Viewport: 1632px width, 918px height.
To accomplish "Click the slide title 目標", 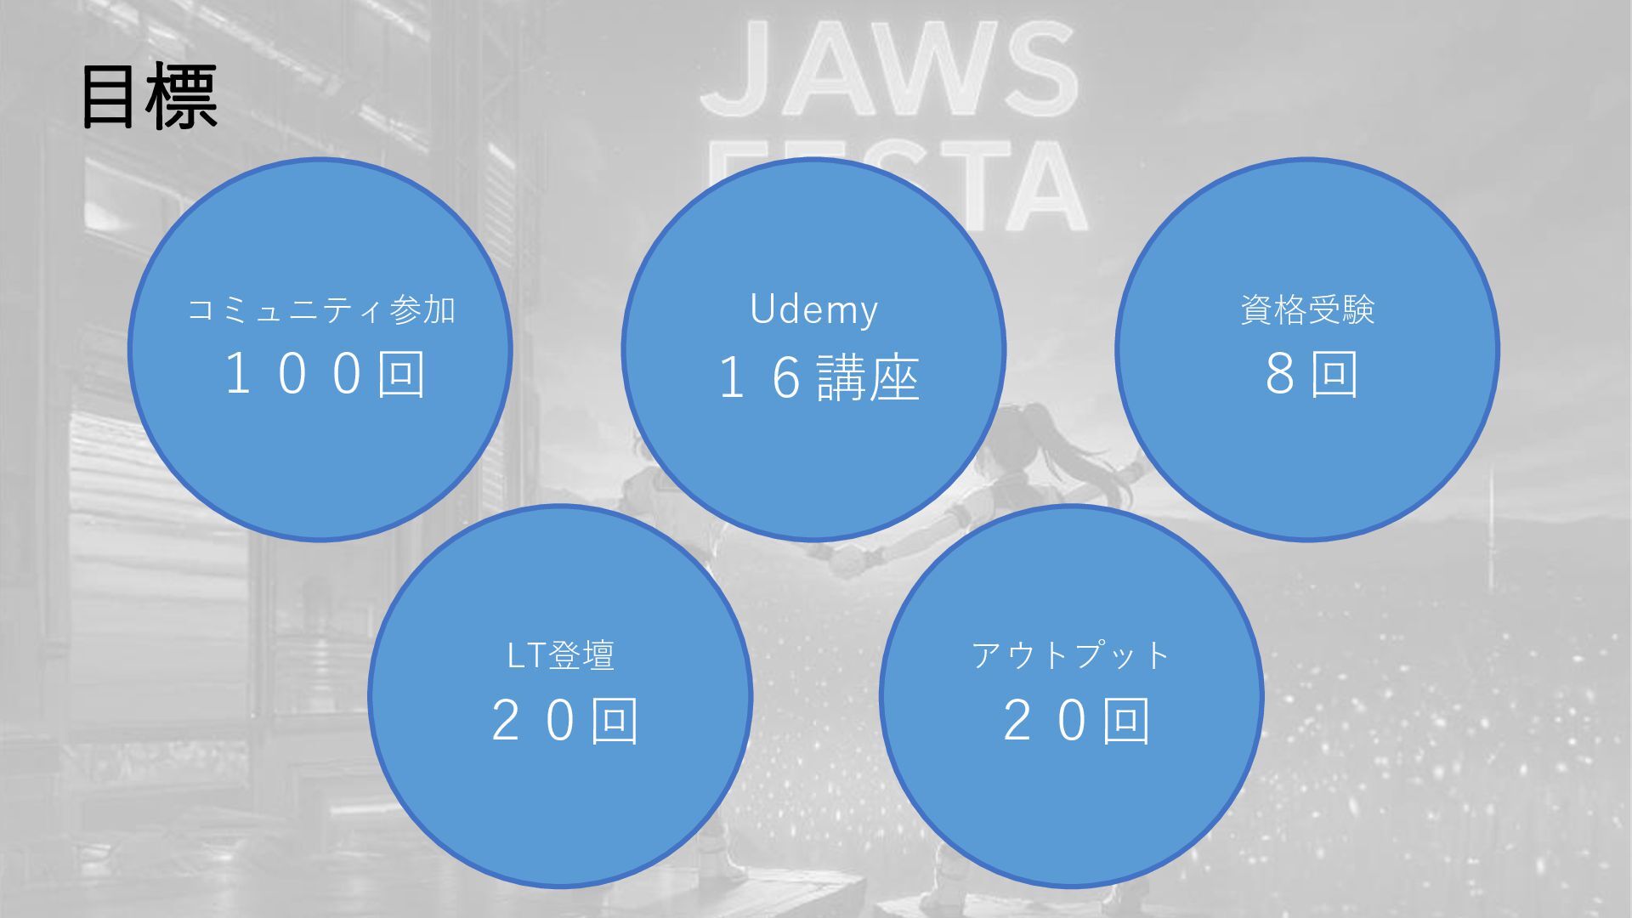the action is pos(149,98).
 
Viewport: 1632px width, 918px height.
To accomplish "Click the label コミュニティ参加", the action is pos(321,310).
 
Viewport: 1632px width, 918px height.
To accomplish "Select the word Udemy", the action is pos(813,310).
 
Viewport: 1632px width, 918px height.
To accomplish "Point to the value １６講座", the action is pos(818,378).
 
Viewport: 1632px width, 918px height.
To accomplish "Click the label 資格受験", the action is pos(1307,310).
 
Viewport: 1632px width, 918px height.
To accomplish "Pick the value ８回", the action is pos(1312,375).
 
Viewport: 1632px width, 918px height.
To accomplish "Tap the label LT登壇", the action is pos(560,655).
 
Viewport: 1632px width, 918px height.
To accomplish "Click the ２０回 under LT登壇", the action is pos(564,721).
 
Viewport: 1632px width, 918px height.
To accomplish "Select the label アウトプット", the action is pos(1071,655).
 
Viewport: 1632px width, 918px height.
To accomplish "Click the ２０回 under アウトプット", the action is pos(1076,721).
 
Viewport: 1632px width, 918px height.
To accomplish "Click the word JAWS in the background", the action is pos(889,72).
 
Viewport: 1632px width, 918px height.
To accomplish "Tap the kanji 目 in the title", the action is pos(109,98).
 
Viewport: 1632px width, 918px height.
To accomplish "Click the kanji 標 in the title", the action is pos(182,98).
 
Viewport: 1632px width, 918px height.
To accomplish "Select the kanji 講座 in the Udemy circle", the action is pos(868,378).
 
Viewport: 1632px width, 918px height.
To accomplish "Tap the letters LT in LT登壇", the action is pos(525,655).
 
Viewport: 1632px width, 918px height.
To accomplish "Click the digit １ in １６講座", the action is pos(733,378).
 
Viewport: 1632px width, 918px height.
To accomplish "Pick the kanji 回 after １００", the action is pos(401,375).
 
